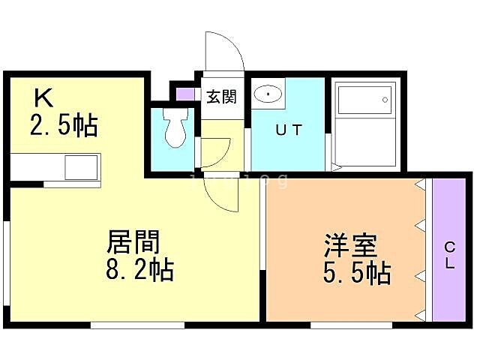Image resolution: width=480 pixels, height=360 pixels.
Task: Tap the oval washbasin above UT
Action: pos(268,94)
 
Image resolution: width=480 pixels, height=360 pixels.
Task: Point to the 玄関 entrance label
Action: pos(221,97)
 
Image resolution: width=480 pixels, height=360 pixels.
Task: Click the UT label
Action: pos(289,129)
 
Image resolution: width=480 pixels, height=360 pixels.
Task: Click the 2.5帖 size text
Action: pos(64,125)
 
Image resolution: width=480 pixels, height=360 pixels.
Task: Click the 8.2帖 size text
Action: pos(140,269)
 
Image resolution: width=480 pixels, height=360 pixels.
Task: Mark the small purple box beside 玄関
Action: pos(184,94)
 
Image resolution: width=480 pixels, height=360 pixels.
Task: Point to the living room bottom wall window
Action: pos(137,325)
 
